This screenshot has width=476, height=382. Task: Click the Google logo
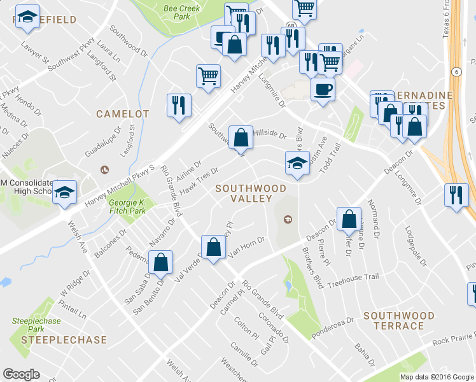click(22, 374)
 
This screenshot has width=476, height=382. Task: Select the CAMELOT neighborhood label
click(123, 114)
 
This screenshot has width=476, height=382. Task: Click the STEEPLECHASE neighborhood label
click(64, 340)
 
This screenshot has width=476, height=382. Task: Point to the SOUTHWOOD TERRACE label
click(399, 321)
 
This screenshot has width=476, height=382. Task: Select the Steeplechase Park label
click(28, 325)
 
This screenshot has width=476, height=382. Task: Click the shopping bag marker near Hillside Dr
click(240, 138)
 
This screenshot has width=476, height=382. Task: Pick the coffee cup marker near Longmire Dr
click(323, 88)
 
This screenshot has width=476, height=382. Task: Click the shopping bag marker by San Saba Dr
click(161, 262)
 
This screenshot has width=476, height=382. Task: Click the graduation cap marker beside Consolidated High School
click(64, 194)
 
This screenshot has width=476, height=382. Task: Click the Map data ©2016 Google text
click(437, 376)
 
